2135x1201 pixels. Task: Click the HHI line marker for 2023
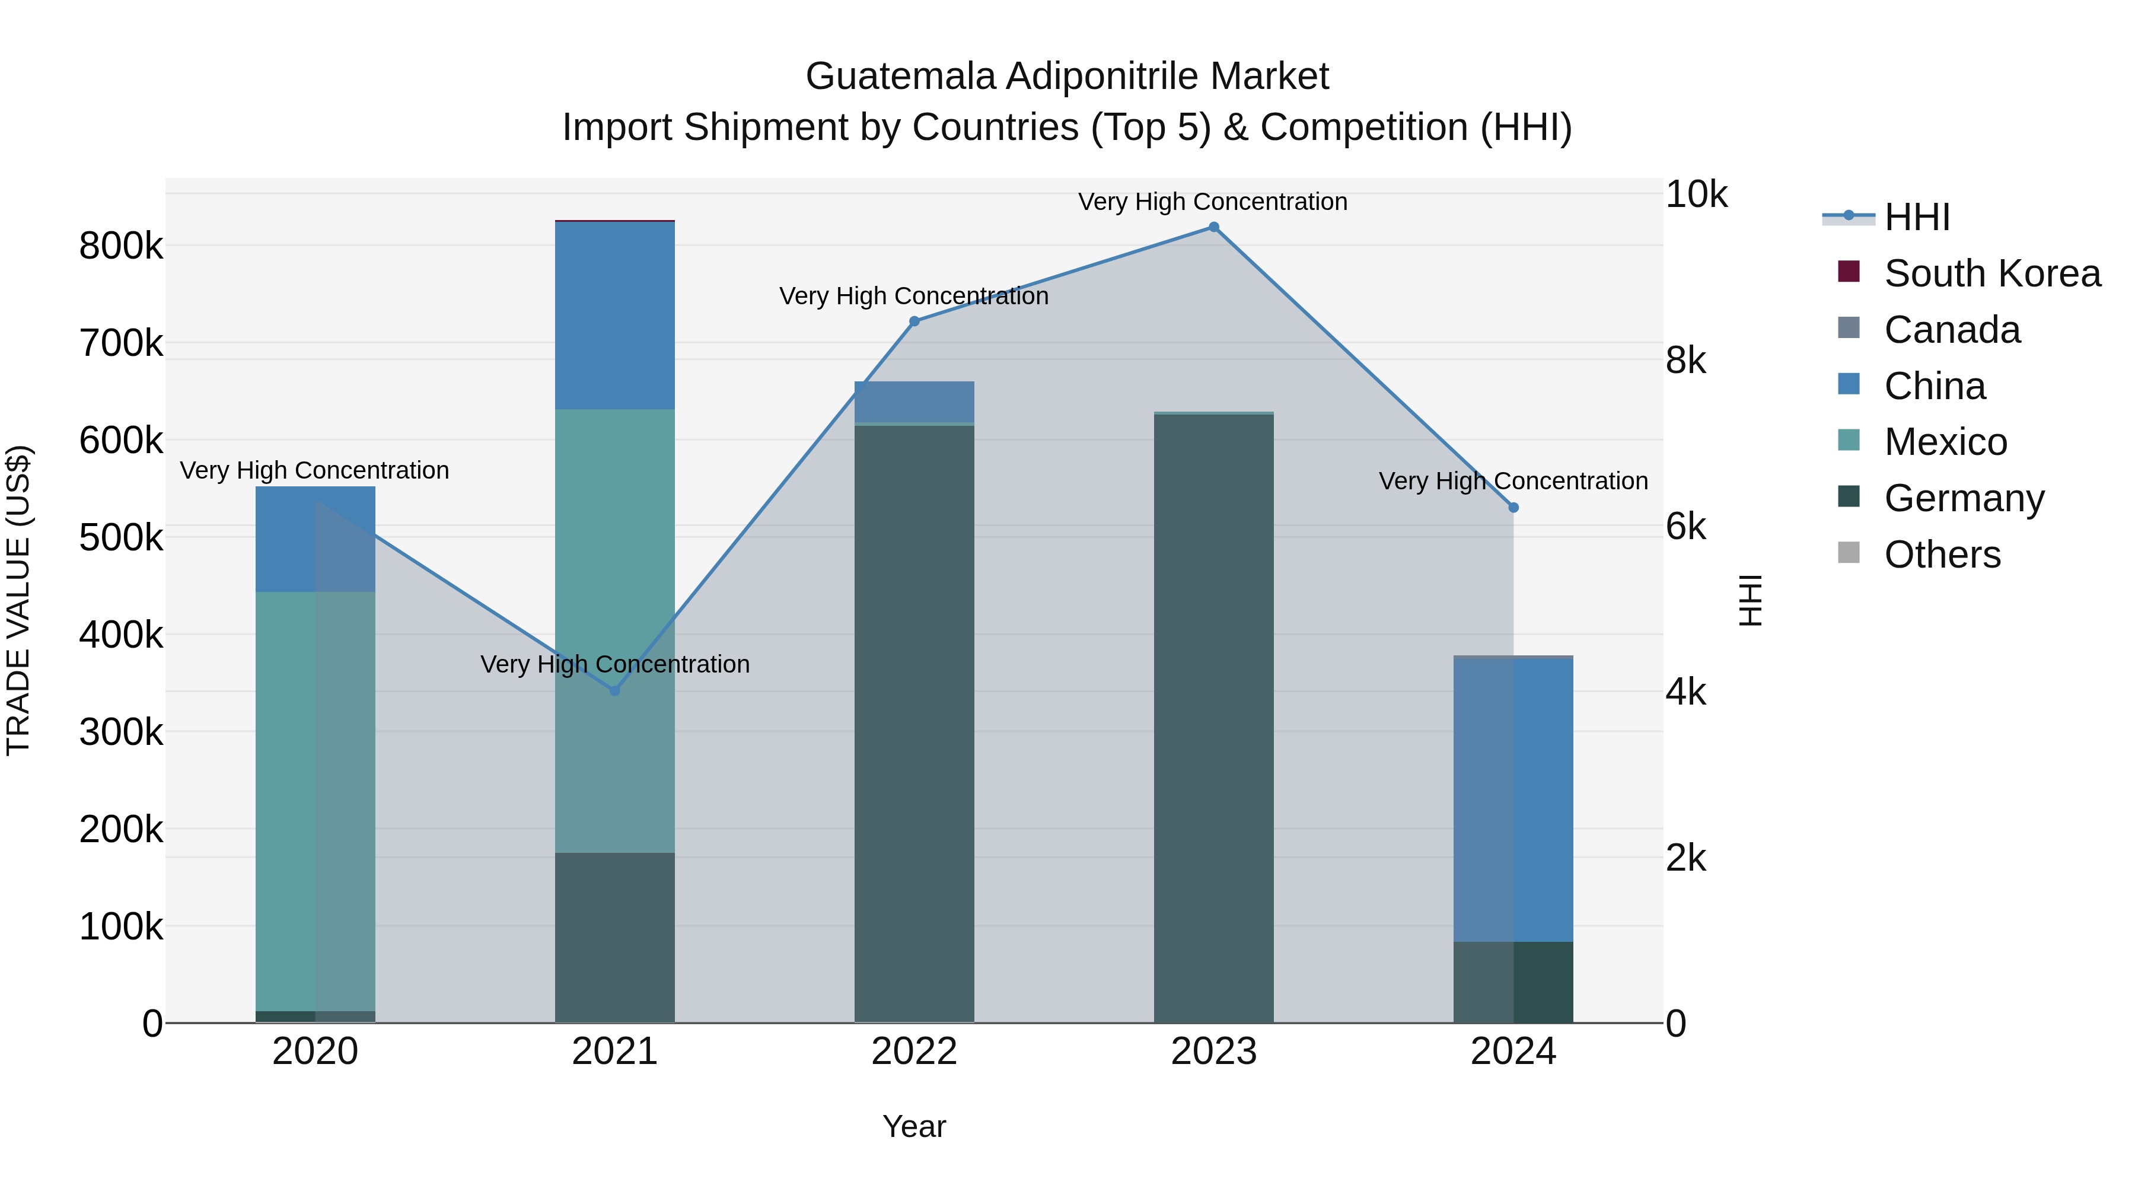point(1213,227)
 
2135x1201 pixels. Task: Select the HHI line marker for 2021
point(615,690)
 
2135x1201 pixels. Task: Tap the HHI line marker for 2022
point(914,321)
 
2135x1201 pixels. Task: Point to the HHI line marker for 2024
point(1513,507)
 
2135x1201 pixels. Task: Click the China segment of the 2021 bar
point(615,315)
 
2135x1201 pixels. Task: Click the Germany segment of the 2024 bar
point(1513,982)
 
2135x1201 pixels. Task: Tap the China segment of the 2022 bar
point(914,402)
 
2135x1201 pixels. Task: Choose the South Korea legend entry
point(1991,273)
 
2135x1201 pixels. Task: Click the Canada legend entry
point(1952,330)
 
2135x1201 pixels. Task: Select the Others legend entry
point(1942,555)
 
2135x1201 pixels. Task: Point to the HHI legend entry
point(1916,217)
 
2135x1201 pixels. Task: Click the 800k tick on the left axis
point(121,246)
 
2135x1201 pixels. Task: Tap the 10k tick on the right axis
point(1696,195)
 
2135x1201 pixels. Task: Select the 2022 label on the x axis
point(914,1052)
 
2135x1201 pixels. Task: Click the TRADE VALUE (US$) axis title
point(18,600)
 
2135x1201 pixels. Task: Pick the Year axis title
point(914,1126)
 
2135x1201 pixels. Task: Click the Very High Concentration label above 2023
point(1213,202)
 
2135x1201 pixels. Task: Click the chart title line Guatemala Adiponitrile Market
point(1067,77)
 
